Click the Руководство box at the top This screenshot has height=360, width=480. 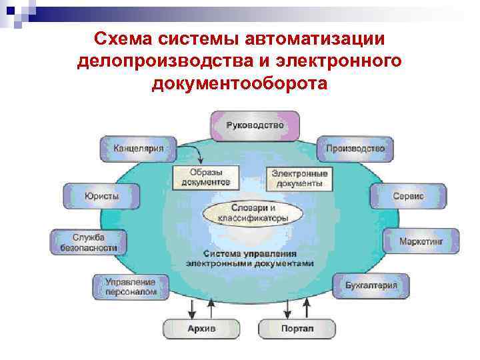(255, 126)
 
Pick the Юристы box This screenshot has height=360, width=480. (101, 197)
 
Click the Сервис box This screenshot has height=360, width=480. (407, 197)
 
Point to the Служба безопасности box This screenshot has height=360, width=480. (87, 242)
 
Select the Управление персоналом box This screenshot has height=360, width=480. (131, 287)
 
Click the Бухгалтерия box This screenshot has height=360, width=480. (371, 286)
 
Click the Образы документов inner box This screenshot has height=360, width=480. (205, 177)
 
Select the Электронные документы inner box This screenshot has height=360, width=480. (299, 177)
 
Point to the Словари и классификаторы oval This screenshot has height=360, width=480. (253, 213)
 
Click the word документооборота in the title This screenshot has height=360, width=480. (240, 83)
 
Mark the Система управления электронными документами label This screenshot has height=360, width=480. (250, 259)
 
